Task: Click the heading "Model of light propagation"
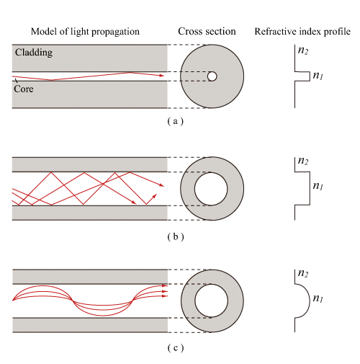85,32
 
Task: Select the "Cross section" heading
207,32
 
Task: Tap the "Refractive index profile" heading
302,32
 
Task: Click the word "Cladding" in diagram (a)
34,53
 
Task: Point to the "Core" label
24,89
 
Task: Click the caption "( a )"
176,121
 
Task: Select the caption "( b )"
176,237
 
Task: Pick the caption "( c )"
176,347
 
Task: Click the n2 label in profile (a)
303,50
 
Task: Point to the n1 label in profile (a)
318,76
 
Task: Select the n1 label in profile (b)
318,186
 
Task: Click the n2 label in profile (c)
303,273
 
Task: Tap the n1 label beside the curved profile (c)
318,298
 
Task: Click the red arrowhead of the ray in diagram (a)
161,76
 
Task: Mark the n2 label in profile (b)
303,161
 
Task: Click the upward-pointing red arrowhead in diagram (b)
154,196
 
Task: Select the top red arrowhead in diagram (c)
165,285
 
